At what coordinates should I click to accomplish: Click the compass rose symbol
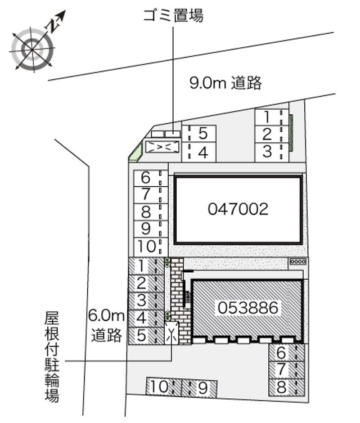tap(32, 49)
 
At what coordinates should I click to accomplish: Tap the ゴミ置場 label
tap(173, 15)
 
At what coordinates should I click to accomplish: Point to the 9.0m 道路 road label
tap(225, 83)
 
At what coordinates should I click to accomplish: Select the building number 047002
tap(238, 209)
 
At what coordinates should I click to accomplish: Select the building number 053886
tap(248, 308)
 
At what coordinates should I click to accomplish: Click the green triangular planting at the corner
tap(135, 153)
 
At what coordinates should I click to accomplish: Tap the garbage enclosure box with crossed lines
tap(162, 147)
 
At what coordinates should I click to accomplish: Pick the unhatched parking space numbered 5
tap(199, 134)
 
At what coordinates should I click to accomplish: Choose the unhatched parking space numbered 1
tap(272, 117)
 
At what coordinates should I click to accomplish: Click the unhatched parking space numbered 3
tap(272, 153)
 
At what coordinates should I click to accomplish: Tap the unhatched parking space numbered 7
tap(151, 195)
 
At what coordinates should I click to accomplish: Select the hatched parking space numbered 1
tap(146, 266)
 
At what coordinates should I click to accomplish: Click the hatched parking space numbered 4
tap(146, 318)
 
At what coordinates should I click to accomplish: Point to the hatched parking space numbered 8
tap(287, 387)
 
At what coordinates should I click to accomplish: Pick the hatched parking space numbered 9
tap(199, 388)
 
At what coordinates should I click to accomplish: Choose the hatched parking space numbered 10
tap(164, 387)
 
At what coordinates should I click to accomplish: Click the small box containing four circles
tap(298, 261)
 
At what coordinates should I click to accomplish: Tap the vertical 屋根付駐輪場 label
tap(52, 357)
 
